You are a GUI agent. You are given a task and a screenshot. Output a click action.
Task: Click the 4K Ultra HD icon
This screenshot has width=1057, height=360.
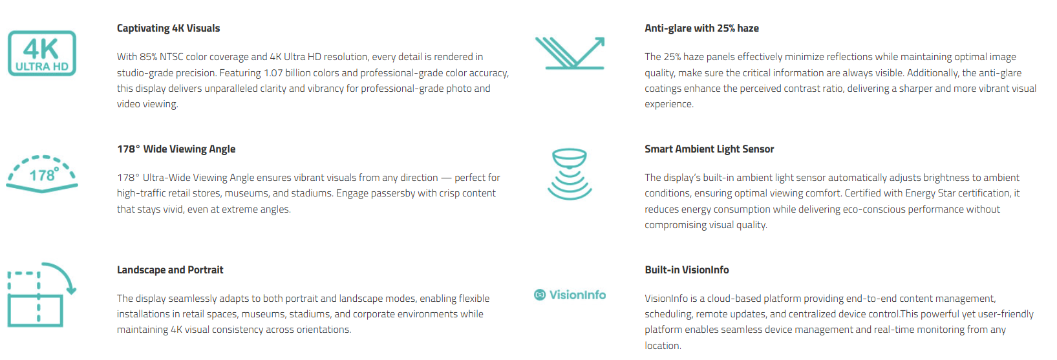point(42,53)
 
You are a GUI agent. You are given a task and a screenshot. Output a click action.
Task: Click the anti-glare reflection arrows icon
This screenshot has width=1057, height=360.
point(570,53)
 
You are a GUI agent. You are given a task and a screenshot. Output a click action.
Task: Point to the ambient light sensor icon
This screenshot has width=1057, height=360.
point(570,174)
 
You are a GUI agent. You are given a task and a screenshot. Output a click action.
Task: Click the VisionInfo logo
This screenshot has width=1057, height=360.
point(570,295)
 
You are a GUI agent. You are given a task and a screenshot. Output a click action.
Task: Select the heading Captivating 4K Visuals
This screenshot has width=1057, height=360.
point(169,28)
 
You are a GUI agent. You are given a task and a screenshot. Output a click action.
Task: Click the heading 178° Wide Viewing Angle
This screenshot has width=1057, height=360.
point(176,149)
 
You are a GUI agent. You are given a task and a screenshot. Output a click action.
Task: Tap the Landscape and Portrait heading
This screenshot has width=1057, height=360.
point(170,270)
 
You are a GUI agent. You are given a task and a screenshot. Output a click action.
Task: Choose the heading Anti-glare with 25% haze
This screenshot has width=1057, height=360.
point(701,28)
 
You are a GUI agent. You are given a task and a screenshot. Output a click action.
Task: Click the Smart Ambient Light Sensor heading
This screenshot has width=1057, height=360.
point(709,149)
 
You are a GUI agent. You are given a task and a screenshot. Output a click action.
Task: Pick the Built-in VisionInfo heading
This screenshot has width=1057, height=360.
point(687,270)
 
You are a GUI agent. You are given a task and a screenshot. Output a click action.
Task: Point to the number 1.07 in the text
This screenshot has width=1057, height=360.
point(273,73)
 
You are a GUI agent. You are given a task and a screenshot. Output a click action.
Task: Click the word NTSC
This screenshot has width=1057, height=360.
point(171,57)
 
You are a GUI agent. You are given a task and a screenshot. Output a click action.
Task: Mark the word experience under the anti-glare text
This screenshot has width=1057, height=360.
point(669,104)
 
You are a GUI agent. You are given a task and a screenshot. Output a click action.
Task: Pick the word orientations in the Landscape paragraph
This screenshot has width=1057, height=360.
point(324,330)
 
